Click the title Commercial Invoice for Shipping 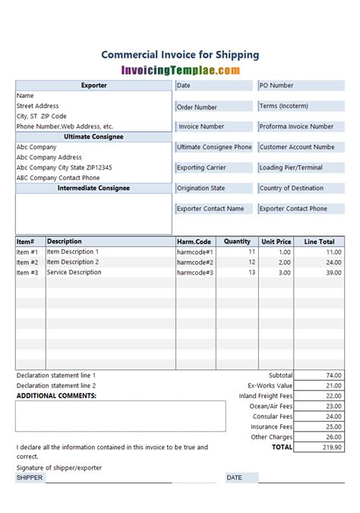(x=180, y=55)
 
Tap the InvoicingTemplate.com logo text (x=180, y=70)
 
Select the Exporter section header (x=93, y=86)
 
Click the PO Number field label (x=276, y=86)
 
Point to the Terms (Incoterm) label (x=283, y=106)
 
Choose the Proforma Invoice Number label (x=296, y=127)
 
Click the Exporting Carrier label (x=201, y=168)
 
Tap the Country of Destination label (x=292, y=188)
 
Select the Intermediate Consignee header (x=93, y=188)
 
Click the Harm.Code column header (x=194, y=242)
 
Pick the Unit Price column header (x=276, y=242)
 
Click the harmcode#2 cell (x=195, y=262)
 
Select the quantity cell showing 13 (x=251, y=272)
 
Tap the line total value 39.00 (x=333, y=272)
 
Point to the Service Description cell (x=74, y=272)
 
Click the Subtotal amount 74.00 (x=333, y=375)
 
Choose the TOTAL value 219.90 (x=331, y=448)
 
